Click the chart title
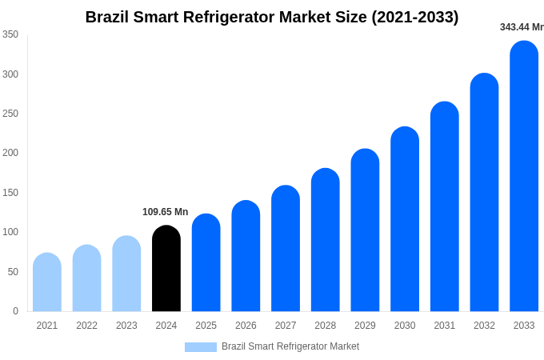click(272, 17)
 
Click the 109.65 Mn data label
click(166, 212)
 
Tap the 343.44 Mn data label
click(522, 27)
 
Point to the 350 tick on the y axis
click(10, 34)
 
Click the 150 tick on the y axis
click(10, 193)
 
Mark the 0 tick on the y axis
click(15, 311)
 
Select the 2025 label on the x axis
click(206, 326)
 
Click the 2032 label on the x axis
click(484, 326)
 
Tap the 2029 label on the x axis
click(365, 326)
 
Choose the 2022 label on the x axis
click(87, 326)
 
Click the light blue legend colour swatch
click(201, 347)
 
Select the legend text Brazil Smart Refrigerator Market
click(290, 346)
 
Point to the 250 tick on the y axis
click(10, 114)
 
